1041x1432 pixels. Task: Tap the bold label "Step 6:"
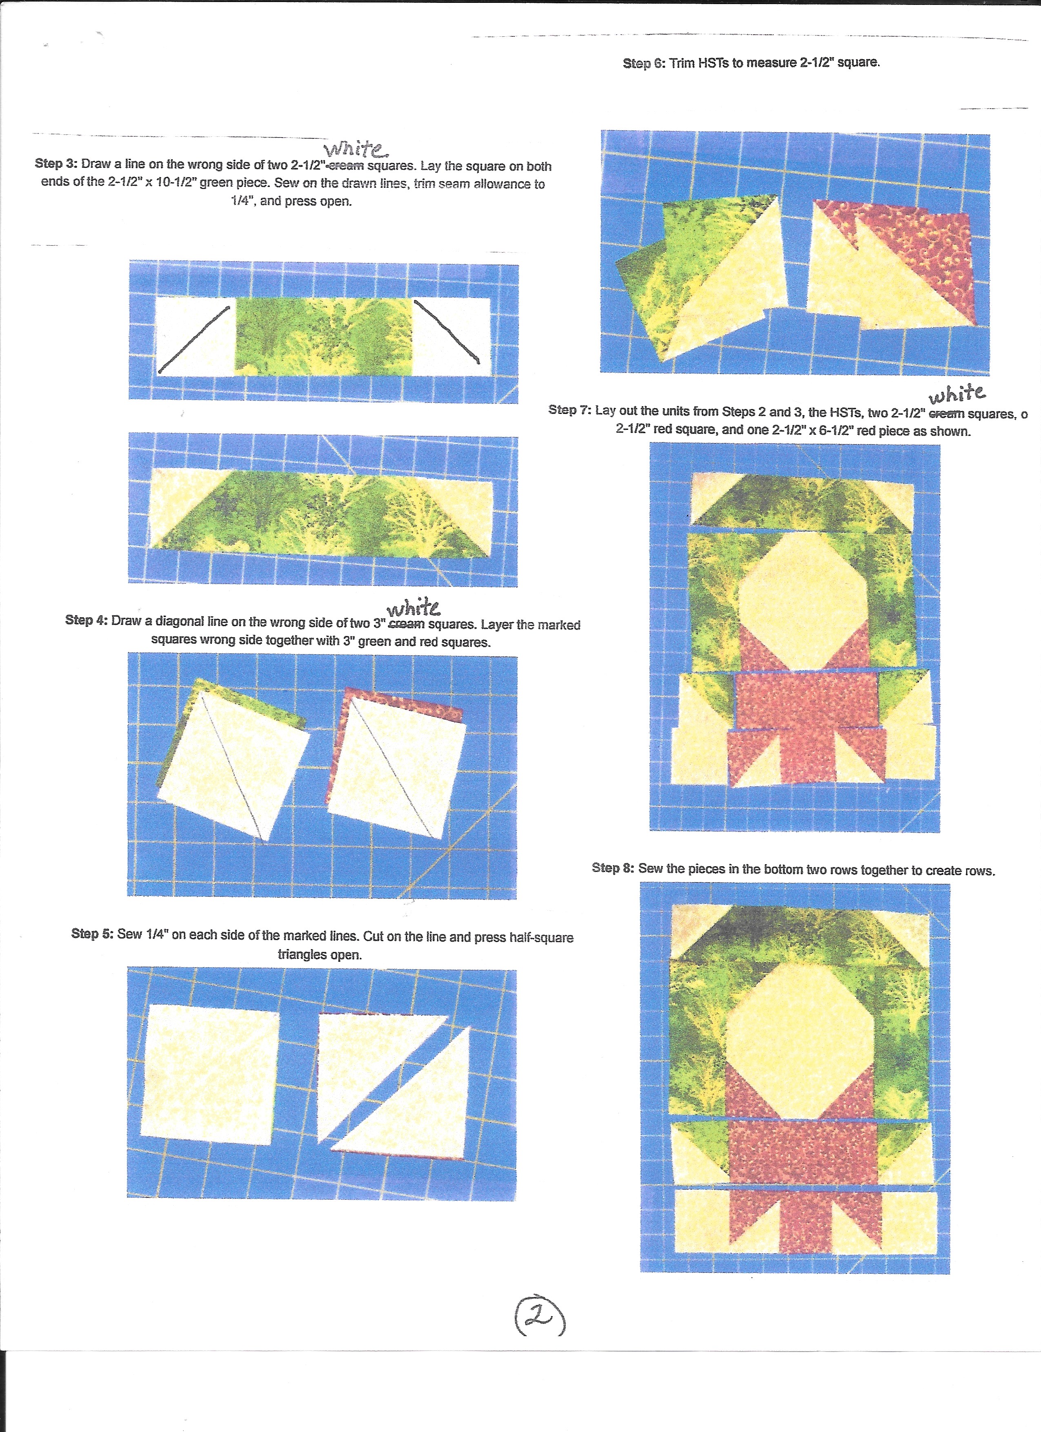click(644, 63)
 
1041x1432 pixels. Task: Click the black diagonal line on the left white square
click(194, 339)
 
